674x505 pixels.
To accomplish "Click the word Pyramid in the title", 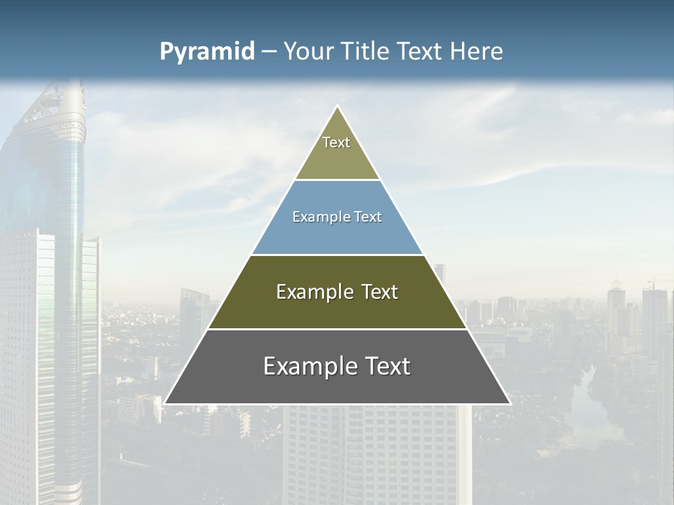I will tap(207, 52).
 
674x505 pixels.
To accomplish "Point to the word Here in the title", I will tap(477, 52).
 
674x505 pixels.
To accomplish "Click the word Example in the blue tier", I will tap(315, 217).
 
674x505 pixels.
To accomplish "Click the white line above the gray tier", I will tap(337, 329).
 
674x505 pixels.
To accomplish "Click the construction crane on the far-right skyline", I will tap(657, 282).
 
